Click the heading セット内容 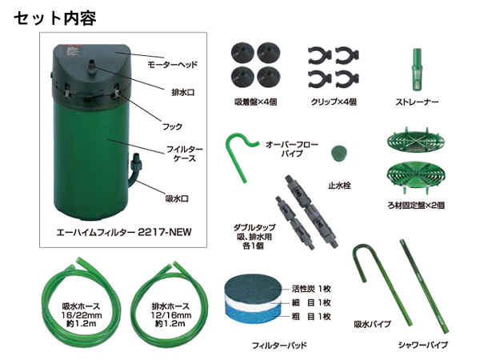tap(55, 18)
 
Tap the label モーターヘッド tap(172, 65)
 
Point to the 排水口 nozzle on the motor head tap(92, 68)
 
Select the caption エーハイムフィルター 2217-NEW tap(124, 232)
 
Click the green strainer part tap(417, 69)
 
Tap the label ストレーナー tap(417, 102)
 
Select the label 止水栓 tap(339, 186)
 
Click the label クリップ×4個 tap(334, 102)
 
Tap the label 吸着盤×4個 tap(256, 102)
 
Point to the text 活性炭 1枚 tap(311, 289)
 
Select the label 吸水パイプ tap(372, 324)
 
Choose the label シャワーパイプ tap(422, 345)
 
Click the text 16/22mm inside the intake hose tap(81, 315)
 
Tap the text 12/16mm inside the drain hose tap(170, 315)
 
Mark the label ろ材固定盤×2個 tap(416, 206)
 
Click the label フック tap(172, 126)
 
